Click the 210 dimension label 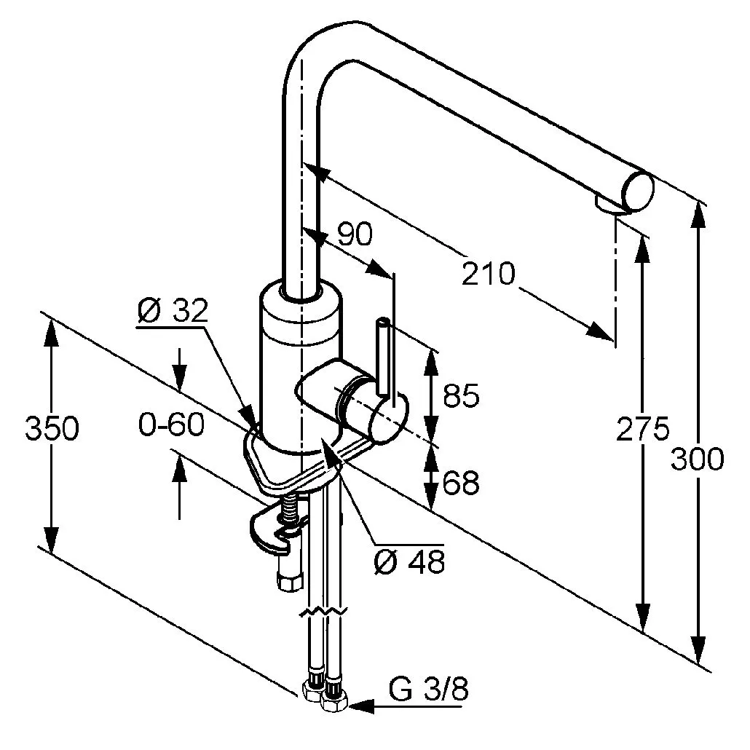[489, 275]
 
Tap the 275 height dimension [643, 429]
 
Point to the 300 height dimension [698, 459]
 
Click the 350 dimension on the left [51, 429]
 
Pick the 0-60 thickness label [171, 425]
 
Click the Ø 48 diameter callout [408, 561]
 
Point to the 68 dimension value [460, 482]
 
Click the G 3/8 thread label [428, 689]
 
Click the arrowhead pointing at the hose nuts [361, 706]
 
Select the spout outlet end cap [636, 192]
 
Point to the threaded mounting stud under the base [291, 510]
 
